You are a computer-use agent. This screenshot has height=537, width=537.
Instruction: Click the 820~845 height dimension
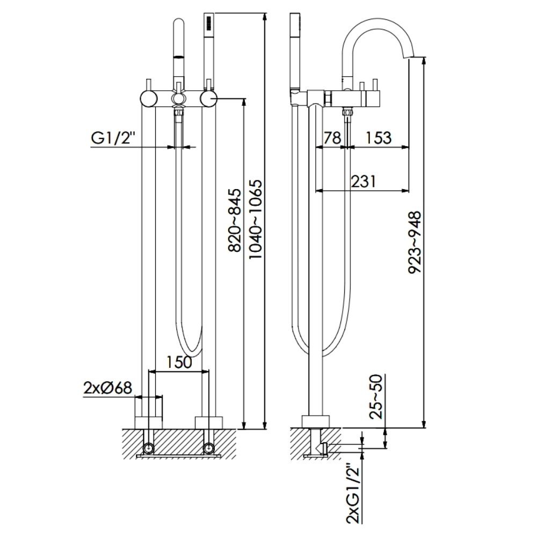(235, 221)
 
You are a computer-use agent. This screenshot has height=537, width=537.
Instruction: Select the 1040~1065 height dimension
(256, 221)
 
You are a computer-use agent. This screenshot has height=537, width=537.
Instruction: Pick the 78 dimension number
(333, 137)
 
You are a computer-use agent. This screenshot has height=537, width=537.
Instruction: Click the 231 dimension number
(362, 181)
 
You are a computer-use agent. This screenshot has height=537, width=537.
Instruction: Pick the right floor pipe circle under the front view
(208, 446)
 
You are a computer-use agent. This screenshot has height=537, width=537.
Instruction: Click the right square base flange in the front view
(208, 422)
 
